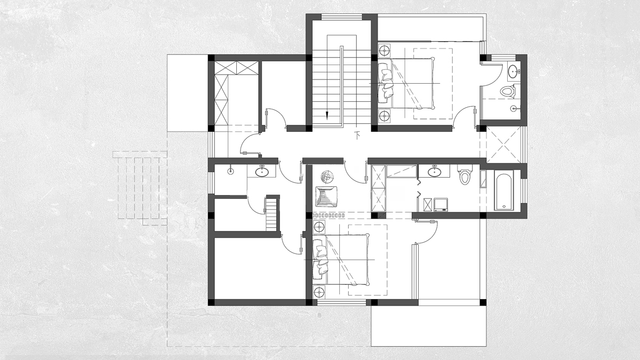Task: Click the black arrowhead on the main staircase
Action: (x=327, y=115)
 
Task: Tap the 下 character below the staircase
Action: (x=357, y=135)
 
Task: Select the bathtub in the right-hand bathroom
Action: (x=503, y=191)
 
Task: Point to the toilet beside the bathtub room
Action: (x=465, y=174)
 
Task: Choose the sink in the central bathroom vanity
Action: (x=434, y=171)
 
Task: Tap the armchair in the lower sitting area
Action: (x=326, y=196)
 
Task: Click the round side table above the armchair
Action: (x=327, y=177)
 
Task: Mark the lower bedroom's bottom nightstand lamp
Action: (x=319, y=292)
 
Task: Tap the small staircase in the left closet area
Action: (x=271, y=214)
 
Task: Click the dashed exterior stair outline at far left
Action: (x=140, y=188)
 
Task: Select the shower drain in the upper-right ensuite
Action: (x=514, y=108)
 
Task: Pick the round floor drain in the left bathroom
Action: (x=230, y=171)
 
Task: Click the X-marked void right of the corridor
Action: (x=503, y=145)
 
